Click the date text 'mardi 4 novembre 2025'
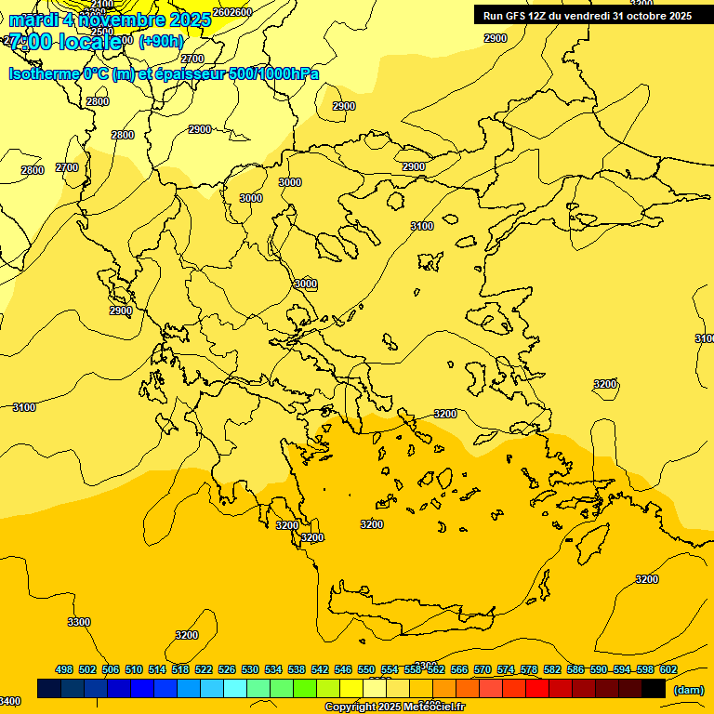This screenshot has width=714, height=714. [110, 20]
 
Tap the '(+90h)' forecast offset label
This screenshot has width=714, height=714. [161, 41]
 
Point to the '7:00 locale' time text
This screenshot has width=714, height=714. [65, 42]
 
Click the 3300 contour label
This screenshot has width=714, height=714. [79, 622]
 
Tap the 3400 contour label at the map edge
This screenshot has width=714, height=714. [9, 701]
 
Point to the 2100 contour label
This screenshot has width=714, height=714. [102, 5]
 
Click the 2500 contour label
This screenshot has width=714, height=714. [102, 32]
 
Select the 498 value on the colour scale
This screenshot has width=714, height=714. [64, 669]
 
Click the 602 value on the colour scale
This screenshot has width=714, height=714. [668, 669]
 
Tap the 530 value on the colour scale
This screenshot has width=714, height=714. [250, 669]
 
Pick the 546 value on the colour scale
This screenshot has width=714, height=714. [343, 669]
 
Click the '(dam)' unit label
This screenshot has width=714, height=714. [688, 689]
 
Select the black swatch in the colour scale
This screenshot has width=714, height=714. [654, 689]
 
